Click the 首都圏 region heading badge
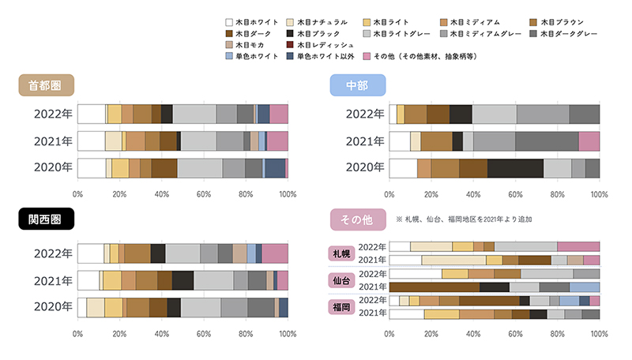[46, 85]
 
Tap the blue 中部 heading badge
[358, 85]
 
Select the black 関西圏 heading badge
[46, 219]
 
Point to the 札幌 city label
[340, 253]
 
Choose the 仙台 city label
[340, 280]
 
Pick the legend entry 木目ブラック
[340, 34]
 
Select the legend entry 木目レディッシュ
[340, 46]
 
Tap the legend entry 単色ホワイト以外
[340, 58]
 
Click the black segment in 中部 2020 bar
[515, 168]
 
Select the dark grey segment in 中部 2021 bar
[547, 141]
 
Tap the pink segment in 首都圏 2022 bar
[279, 114]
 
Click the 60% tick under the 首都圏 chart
[203, 192]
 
